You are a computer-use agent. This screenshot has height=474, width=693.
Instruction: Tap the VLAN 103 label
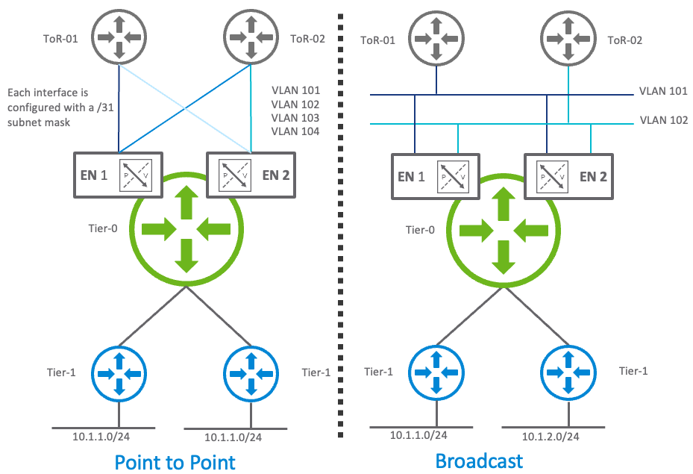295,118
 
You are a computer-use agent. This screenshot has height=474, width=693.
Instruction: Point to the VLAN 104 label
295,131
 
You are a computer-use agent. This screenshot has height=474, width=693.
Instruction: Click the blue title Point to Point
175,461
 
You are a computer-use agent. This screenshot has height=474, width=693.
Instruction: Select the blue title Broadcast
479,460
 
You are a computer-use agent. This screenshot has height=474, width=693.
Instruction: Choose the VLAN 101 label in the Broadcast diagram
663,92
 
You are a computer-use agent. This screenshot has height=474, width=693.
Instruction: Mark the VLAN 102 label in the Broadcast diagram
663,120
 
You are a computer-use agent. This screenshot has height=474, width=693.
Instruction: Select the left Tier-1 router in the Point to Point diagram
119,371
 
